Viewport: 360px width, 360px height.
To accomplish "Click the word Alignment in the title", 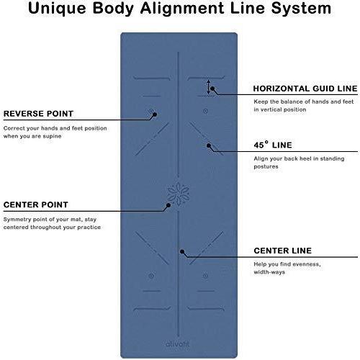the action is [x=182, y=8].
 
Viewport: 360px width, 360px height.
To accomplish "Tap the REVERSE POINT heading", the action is [x=38, y=114].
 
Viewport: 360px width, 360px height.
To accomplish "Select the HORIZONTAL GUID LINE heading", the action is [x=305, y=89].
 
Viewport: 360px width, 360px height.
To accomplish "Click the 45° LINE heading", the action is [x=273, y=145].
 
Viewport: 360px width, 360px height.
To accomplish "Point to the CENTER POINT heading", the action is [x=36, y=204].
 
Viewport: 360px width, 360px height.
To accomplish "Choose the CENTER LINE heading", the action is [x=283, y=251].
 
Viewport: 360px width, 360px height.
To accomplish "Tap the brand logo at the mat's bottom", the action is [x=178, y=343].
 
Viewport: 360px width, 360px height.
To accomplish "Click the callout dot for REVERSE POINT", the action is [x=155, y=114].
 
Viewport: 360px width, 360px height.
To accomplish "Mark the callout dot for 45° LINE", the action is [x=209, y=145].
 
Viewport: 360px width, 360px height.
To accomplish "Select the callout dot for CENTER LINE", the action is [x=182, y=252].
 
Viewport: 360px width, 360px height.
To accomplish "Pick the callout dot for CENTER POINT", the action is [x=168, y=205].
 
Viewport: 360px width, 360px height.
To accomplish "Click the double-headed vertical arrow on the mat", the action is [x=208, y=87].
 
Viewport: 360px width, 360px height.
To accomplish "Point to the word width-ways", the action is [x=269, y=272].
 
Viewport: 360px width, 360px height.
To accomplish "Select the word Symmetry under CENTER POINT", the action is [x=17, y=220].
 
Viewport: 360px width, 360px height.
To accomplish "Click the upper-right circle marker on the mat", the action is [x=205, y=111].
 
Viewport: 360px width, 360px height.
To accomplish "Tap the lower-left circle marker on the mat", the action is [x=151, y=276].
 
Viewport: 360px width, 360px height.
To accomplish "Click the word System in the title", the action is [x=301, y=9].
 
